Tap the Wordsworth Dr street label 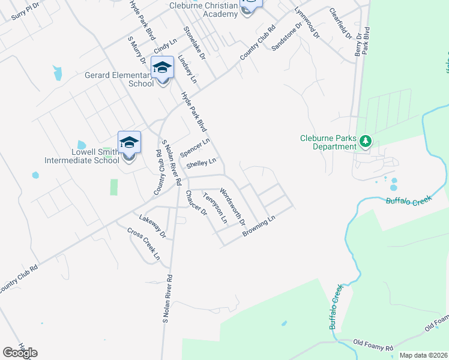(233, 207)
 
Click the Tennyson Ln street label (215, 208)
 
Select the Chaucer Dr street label (196, 204)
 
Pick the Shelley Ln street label (200, 163)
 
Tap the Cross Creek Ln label (144, 244)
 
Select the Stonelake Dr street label (195, 43)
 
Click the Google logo (20, 353)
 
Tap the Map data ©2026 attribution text (423, 355)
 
